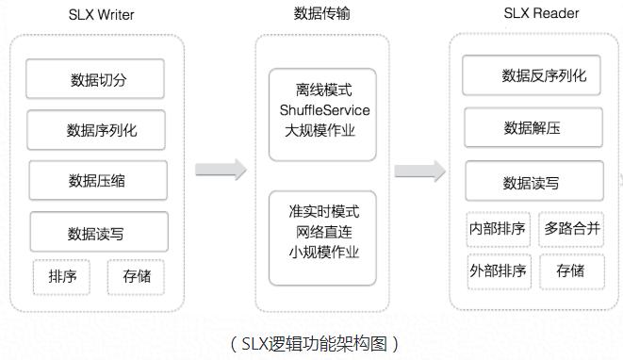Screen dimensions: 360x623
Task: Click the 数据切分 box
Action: [x=95, y=79]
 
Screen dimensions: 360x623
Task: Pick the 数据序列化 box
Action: [x=96, y=129]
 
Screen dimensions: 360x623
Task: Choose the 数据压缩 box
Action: [x=97, y=180]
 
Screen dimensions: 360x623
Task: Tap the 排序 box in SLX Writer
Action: [x=63, y=277]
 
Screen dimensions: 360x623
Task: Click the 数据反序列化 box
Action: [x=531, y=75]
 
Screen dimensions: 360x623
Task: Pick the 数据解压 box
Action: [x=531, y=127]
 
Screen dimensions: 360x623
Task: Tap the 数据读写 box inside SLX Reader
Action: [x=531, y=181]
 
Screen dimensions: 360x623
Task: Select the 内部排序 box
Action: [x=497, y=228]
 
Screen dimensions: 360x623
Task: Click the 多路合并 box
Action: [x=570, y=228]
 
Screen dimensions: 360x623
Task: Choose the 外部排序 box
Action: [x=497, y=271]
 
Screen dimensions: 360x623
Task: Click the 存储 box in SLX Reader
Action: [x=570, y=271]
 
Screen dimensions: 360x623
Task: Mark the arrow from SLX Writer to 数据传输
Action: [x=221, y=171]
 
